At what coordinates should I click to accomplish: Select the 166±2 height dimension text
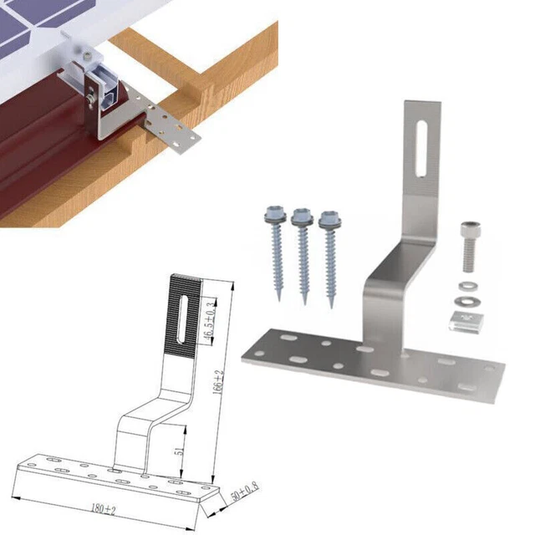(x=218, y=390)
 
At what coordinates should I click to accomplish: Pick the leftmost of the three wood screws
(x=277, y=247)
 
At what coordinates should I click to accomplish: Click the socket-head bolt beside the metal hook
(x=469, y=247)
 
